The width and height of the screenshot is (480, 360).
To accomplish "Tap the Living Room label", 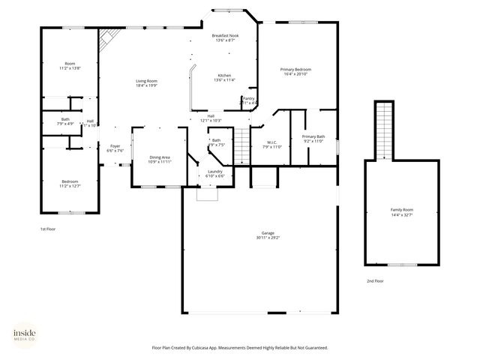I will tap(146, 82).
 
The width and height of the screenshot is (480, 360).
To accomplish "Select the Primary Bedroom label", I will tap(297, 70).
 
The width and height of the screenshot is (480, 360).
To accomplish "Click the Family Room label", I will tap(401, 211).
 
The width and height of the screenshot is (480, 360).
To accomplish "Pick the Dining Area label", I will tap(160, 159).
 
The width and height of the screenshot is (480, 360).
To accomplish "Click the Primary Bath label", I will tap(313, 138).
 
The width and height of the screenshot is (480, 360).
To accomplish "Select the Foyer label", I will tap(115, 148).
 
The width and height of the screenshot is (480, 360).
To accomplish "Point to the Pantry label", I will tap(248, 100).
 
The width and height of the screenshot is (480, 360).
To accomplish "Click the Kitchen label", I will tap(224, 78).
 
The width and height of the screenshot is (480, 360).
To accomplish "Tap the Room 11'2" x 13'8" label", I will tap(70, 65).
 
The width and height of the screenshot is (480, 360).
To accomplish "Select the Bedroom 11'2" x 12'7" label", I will tap(70, 183).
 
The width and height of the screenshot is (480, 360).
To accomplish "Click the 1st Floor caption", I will tap(48, 229).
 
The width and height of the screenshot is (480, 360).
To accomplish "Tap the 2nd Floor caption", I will tap(375, 280).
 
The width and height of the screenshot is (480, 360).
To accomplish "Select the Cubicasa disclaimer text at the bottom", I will tap(240, 348).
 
